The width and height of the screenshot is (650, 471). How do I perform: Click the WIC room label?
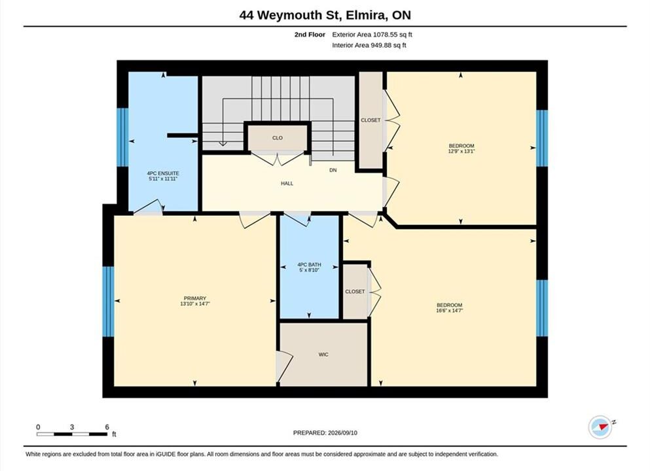tap(323, 355)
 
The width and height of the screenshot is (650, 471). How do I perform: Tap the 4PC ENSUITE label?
tap(163, 173)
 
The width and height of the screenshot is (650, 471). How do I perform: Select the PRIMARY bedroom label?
tap(195, 298)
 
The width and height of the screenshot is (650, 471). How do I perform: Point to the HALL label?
tap(287, 184)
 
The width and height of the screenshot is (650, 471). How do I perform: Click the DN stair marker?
tap(333, 170)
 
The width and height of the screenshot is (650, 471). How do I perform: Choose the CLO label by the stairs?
tap(278, 138)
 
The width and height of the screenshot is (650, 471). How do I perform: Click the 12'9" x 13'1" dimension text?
tap(461, 152)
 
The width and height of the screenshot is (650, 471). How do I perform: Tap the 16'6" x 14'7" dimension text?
tap(449, 310)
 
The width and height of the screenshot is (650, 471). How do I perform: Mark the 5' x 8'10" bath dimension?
tap(309, 270)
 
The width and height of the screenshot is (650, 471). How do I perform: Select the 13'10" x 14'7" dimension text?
tap(195, 304)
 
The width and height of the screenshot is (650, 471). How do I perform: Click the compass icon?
tap(600, 427)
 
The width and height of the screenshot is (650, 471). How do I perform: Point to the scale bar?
tap(72, 434)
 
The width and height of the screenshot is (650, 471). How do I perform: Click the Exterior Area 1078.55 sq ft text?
tap(372, 35)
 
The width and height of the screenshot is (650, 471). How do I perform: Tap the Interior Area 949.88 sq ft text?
tap(369, 45)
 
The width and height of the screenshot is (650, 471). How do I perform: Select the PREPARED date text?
tap(325, 433)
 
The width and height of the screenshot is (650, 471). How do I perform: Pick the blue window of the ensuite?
tap(122, 137)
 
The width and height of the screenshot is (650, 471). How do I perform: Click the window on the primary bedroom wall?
tap(108, 302)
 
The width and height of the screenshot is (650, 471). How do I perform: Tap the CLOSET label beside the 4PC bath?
tap(355, 292)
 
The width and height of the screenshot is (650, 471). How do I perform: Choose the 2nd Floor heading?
tap(310, 35)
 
